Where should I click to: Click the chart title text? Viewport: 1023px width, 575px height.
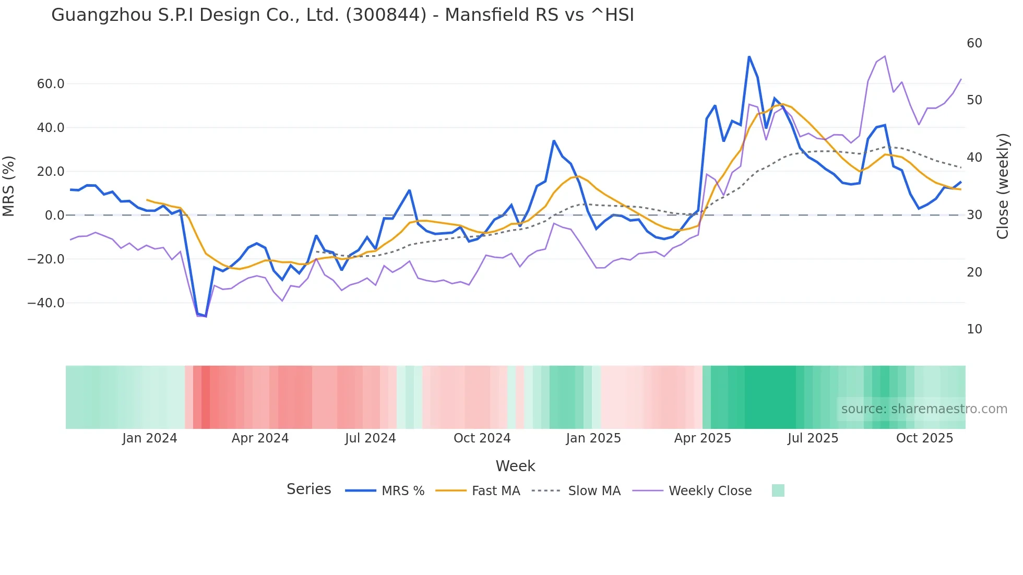pyautogui.click(x=342, y=15)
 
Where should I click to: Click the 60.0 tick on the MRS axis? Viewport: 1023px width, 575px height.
pyautogui.click(x=51, y=84)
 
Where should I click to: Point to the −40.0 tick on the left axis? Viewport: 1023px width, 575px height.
pyautogui.click(x=46, y=303)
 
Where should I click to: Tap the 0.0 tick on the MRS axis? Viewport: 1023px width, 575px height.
pyautogui.click(x=54, y=215)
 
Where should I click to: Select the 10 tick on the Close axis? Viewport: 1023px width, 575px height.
pyautogui.click(x=974, y=329)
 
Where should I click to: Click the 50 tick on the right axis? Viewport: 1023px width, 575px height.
pyautogui.click(x=974, y=100)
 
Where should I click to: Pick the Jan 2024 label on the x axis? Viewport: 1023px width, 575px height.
pyautogui.click(x=150, y=438)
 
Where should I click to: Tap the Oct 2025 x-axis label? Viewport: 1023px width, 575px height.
pyautogui.click(x=924, y=438)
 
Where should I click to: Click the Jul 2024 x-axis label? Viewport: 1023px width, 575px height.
pyautogui.click(x=370, y=438)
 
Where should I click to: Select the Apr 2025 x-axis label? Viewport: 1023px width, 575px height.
pyautogui.click(x=703, y=438)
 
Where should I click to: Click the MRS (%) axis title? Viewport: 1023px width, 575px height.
pyautogui.click(x=9, y=186)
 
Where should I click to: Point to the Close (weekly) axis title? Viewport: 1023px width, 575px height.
pyautogui.click(x=1003, y=186)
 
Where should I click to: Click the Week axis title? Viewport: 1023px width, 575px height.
pyautogui.click(x=515, y=466)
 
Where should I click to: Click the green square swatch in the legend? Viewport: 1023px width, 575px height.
pyautogui.click(x=778, y=490)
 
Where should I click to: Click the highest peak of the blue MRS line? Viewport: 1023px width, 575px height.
pyautogui.click(x=749, y=56)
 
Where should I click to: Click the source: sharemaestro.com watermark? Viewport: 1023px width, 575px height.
pyautogui.click(x=924, y=409)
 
